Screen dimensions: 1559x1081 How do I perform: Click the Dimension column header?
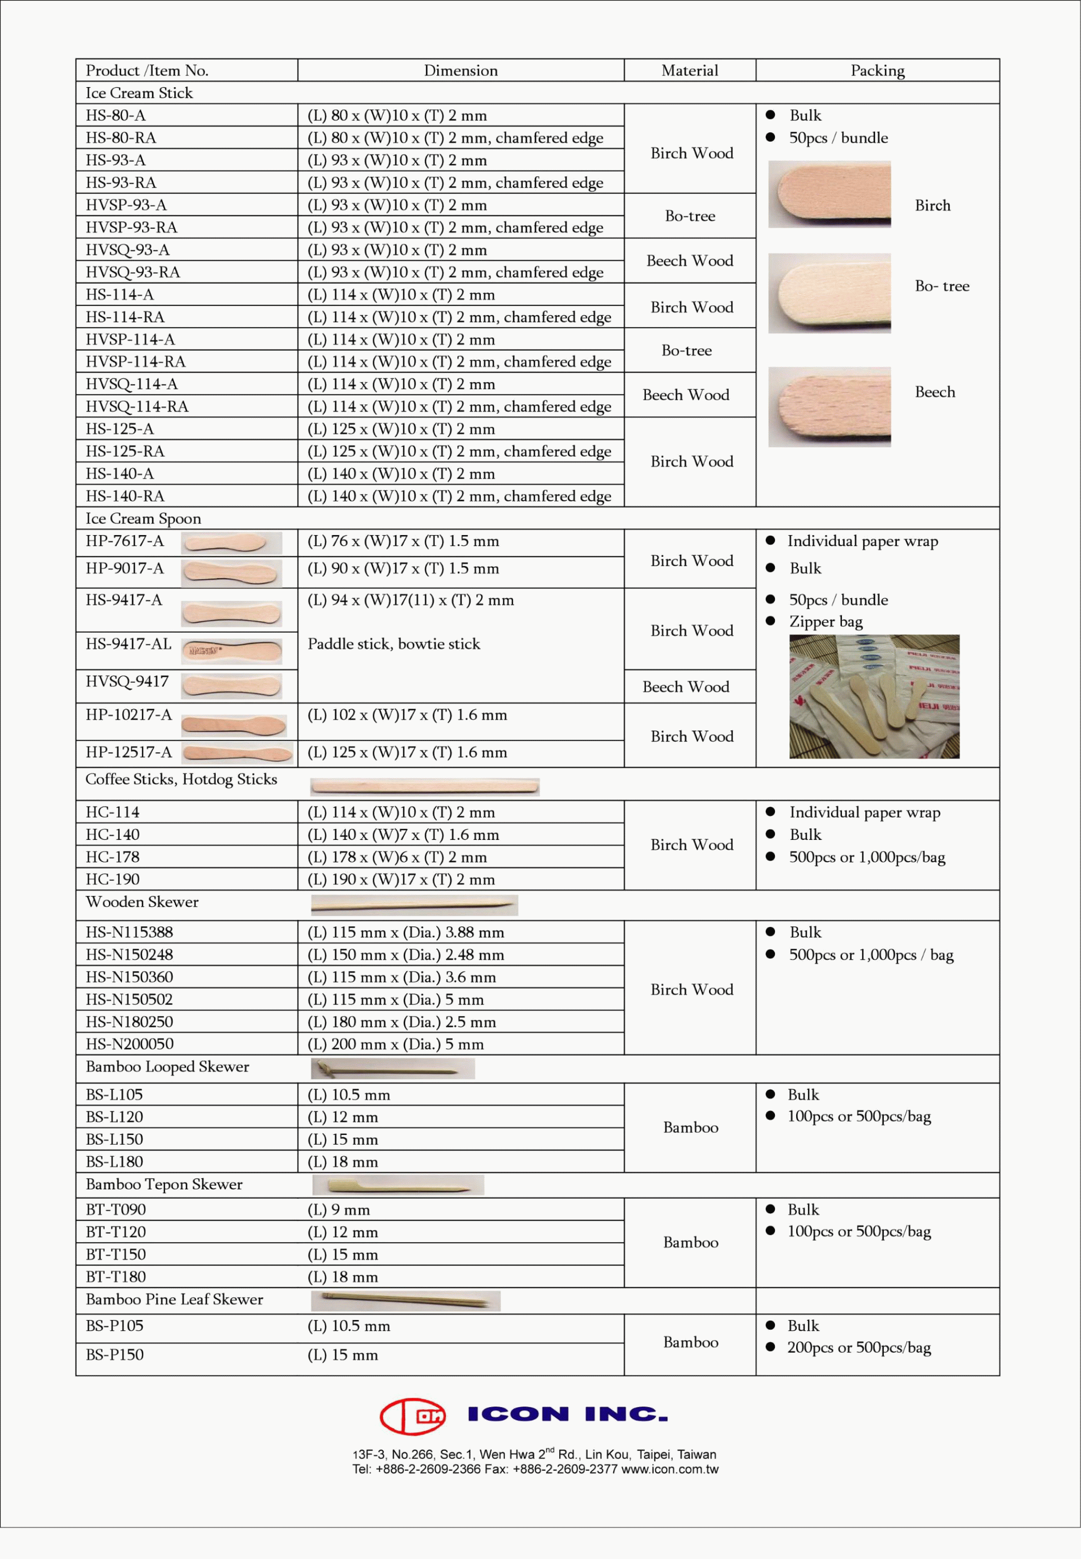(x=460, y=71)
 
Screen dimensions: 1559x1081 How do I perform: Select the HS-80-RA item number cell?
(x=120, y=137)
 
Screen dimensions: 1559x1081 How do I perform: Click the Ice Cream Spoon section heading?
(x=143, y=518)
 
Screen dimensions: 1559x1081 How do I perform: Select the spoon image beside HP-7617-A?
(x=232, y=543)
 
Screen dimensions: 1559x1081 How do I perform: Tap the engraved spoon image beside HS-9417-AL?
(x=232, y=651)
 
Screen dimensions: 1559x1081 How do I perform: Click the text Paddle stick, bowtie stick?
(x=394, y=644)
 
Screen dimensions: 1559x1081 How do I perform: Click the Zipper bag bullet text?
(x=826, y=622)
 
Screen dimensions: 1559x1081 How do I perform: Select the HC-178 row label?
(x=113, y=857)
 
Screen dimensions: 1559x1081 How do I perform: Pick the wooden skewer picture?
(x=414, y=905)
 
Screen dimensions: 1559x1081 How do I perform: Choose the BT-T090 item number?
(x=116, y=1210)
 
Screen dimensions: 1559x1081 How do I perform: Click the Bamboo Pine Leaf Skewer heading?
(x=174, y=1300)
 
